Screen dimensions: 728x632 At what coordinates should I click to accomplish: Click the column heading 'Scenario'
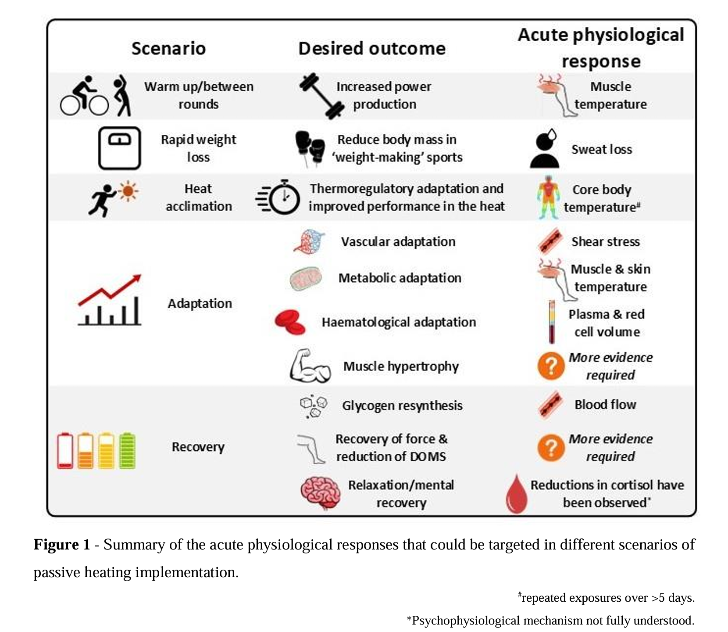(x=168, y=48)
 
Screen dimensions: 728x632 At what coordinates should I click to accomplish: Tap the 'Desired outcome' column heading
(x=372, y=48)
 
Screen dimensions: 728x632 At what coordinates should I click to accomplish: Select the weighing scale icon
(x=119, y=148)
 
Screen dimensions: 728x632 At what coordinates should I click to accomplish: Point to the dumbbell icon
(x=321, y=96)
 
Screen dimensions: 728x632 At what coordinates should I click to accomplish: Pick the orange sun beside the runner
(x=128, y=191)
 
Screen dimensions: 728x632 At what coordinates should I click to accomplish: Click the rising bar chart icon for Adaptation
(x=110, y=300)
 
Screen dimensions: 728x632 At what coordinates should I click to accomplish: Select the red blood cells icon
(x=290, y=322)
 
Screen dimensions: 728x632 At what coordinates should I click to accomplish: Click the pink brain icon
(x=321, y=493)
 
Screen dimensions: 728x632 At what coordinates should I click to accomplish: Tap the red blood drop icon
(x=517, y=494)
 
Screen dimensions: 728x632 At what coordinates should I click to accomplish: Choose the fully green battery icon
(x=128, y=451)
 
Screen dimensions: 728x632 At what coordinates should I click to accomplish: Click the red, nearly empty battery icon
(x=65, y=451)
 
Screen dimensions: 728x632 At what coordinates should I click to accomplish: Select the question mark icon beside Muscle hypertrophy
(x=551, y=366)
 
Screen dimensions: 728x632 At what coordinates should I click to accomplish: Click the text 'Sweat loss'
(x=602, y=150)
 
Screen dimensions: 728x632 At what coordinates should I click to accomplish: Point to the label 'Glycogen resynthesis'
(x=402, y=406)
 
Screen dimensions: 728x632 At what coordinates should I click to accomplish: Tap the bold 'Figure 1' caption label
(x=62, y=545)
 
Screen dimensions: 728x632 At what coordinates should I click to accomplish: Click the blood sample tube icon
(x=552, y=322)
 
